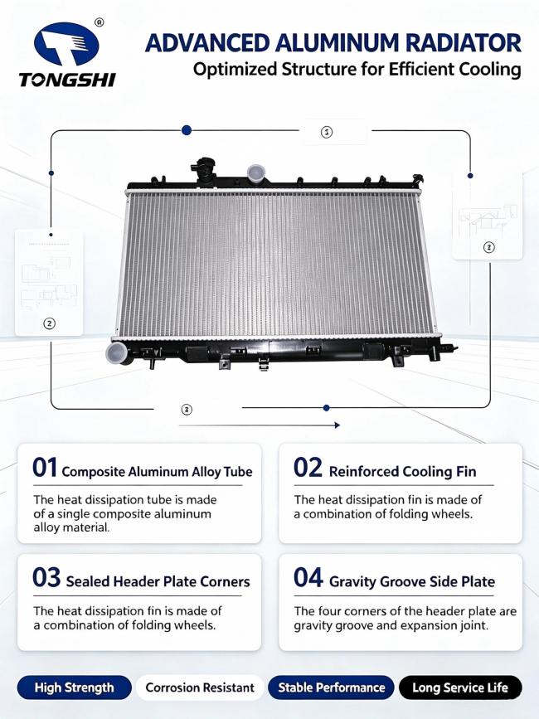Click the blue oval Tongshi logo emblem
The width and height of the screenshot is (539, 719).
click(x=67, y=44)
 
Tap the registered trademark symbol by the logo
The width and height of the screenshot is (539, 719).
click(x=99, y=22)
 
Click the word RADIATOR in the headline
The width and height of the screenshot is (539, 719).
click(x=464, y=44)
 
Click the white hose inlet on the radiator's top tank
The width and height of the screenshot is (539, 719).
click(x=255, y=172)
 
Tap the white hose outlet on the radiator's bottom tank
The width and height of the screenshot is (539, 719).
click(x=117, y=353)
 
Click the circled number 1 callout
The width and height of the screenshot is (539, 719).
click(x=326, y=133)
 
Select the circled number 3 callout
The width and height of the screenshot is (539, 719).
click(x=186, y=410)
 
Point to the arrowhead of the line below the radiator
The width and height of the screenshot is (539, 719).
click(x=337, y=425)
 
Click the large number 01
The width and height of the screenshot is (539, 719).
click(x=45, y=468)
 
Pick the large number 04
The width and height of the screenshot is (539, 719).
click(x=308, y=577)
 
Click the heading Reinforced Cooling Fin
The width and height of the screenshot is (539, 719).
click(x=402, y=471)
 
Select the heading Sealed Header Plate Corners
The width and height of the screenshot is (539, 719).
click(x=158, y=581)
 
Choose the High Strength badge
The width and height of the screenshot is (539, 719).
click(x=75, y=687)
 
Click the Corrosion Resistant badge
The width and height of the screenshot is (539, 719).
click(x=200, y=687)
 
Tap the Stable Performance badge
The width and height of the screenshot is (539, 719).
click(x=331, y=687)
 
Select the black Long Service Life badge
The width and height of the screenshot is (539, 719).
click(x=460, y=687)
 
